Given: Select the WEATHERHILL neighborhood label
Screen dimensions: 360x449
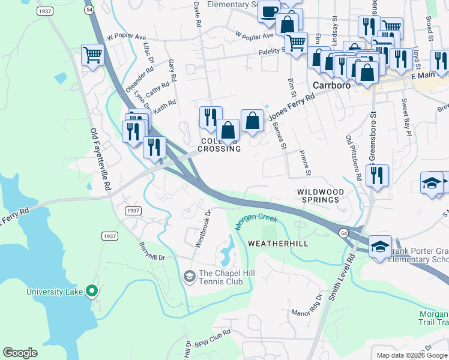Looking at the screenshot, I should point(277,243).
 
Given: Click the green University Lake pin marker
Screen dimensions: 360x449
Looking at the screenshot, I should point(91,292).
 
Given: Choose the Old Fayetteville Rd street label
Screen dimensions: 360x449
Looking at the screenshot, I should point(100,159).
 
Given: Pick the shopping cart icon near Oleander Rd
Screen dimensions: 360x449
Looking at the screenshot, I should point(92,55).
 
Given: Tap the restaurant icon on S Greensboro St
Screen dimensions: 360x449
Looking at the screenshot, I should point(377,175).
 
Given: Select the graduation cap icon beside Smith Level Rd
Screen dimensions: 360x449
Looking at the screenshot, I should point(380,247).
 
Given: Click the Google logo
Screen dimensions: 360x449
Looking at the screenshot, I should point(20,353).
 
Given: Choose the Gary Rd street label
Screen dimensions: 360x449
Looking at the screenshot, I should point(173,71).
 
